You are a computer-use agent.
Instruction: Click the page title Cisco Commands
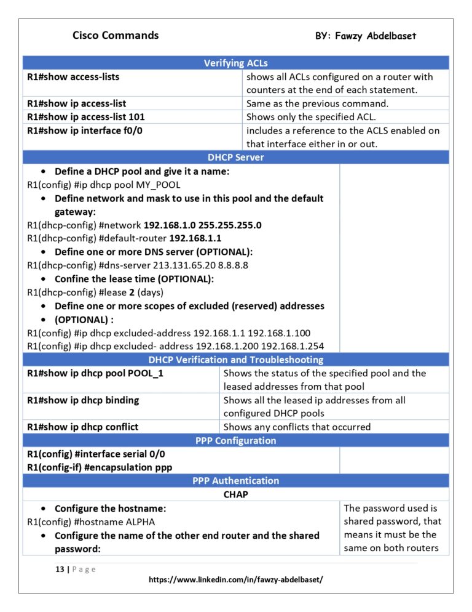point(116,35)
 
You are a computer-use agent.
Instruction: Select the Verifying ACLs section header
point(235,63)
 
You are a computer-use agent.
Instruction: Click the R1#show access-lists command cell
point(73,77)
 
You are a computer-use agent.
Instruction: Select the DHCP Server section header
point(235,157)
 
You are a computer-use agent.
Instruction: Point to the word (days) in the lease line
point(153,292)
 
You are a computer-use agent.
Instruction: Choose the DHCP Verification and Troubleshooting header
point(235,360)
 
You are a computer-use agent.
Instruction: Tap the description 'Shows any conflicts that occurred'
point(297,427)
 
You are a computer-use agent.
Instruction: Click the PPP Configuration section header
point(235,440)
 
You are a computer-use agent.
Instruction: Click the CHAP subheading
point(235,494)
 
